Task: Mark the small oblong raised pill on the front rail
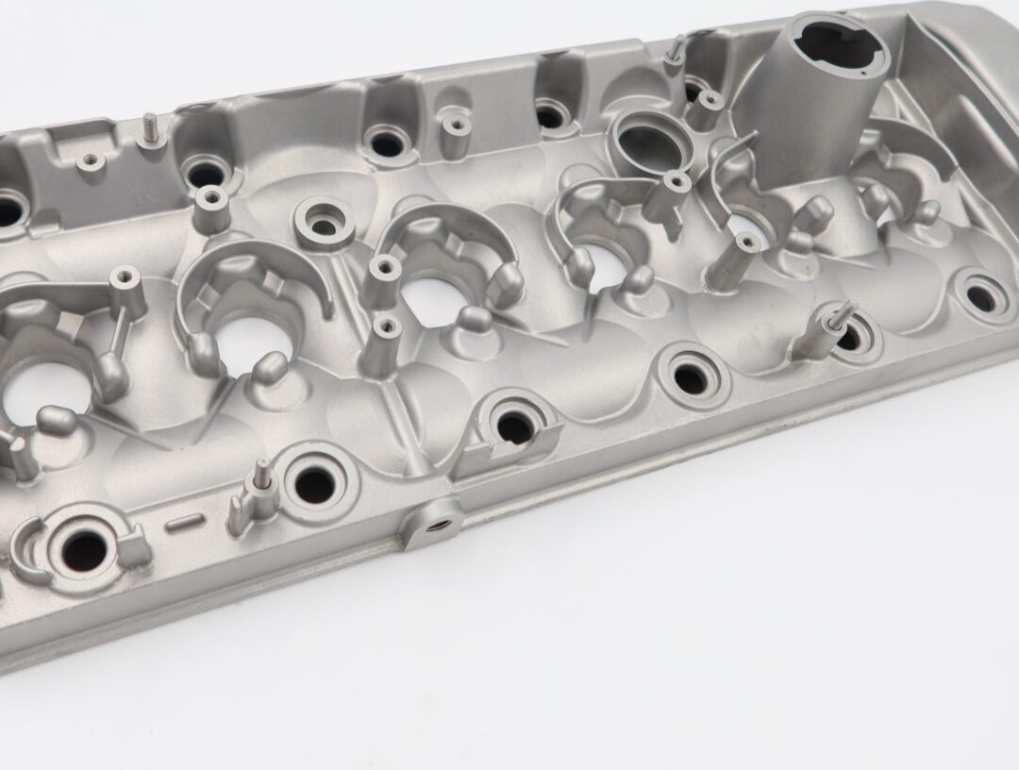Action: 184,521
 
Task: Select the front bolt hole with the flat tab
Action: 514,427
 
